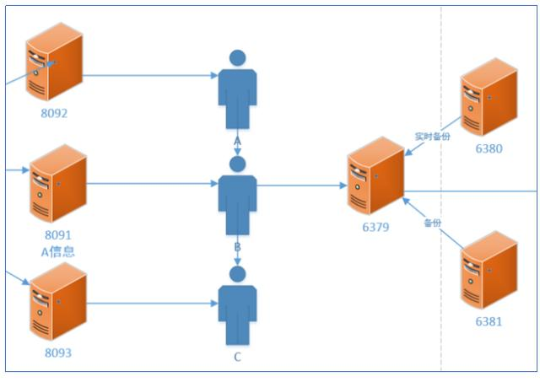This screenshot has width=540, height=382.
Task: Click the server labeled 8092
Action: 54,64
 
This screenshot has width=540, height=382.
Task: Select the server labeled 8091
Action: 57,184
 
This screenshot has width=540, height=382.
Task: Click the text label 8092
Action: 54,113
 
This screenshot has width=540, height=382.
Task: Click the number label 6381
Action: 488,320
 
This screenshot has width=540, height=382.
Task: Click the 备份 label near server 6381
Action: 433,223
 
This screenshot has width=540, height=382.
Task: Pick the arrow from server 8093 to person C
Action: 152,303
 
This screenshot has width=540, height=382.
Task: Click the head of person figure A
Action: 237,58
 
